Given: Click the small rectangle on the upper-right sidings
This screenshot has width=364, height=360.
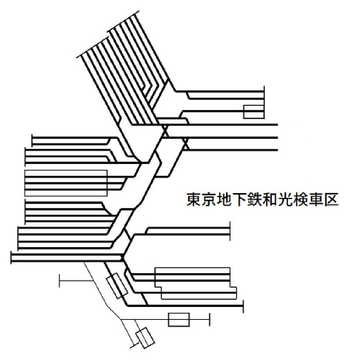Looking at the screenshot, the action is pyautogui.click(x=254, y=112).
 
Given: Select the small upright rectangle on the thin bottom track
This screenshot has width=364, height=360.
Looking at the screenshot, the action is pyautogui.click(x=178, y=319).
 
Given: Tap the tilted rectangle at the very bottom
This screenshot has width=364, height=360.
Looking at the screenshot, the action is pyautogui.click(x=145, y=338).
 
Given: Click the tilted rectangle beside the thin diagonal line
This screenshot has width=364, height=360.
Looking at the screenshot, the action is pyautogui.click(x=117, y=286).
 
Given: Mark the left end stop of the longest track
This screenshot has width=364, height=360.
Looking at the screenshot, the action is pyautogui.click(x=11, y=258).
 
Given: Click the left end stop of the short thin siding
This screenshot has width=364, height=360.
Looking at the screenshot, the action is pyautogui.click(x=60, y=281).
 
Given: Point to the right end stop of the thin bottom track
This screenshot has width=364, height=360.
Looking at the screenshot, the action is pyautogui.click(x=209, y=319).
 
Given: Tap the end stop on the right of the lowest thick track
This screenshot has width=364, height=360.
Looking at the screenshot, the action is pyautogui.click(x=243, y=306).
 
